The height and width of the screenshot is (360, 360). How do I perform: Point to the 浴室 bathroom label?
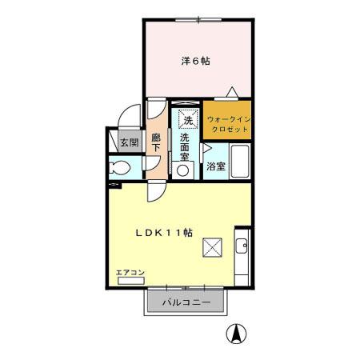coord(215,166)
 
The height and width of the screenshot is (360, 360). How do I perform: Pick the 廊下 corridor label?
coord(157,142)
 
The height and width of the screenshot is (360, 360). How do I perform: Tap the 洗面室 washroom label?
coord(186,146)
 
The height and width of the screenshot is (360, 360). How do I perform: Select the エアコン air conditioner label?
coord(130,273)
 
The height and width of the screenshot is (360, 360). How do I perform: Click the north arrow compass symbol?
coord(238,334)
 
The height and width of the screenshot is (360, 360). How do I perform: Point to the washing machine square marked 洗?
coord(187,118)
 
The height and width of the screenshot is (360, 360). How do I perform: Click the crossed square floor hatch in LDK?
coord(213,248)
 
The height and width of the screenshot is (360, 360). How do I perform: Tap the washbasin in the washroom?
coord(186,167)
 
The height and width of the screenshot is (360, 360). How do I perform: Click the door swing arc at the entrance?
coord(128,116)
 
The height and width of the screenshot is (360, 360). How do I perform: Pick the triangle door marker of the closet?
coord(231,91)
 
